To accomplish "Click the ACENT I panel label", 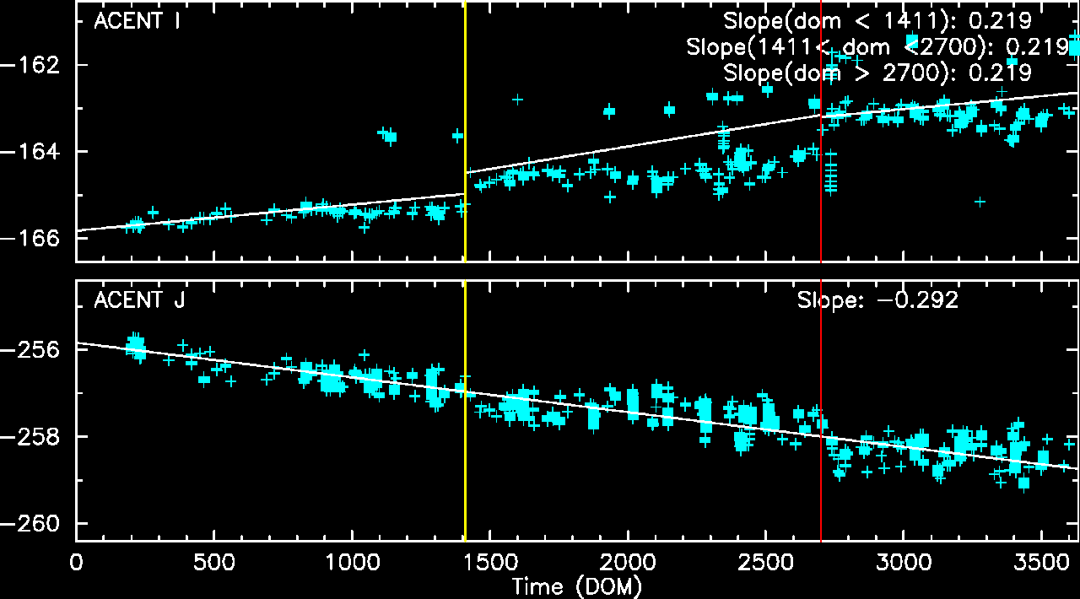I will tap(138, 22).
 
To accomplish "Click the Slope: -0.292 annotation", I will tap(877, 299).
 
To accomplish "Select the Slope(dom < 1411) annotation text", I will tap(877, 21).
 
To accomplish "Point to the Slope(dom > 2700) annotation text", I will tap(877, 73).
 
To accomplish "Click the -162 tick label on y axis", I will tap(36, 65).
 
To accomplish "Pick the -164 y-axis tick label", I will tap(36, 152).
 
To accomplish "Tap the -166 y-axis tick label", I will tap(36, 239).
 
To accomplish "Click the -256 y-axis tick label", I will tap(36, 350).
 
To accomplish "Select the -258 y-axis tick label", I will tap(36, 437).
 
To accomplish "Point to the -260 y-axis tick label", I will tap(36, 524).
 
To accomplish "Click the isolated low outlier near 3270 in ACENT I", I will tap(980, 202).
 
